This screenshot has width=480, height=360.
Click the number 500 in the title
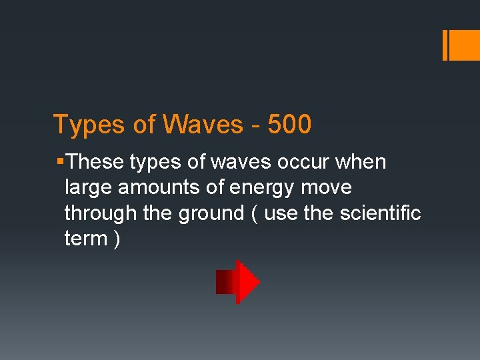pos(289,125)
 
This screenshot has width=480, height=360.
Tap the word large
pos(89,189)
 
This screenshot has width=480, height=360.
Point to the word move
pos(326,188)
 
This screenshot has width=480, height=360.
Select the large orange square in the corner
pos(461,45)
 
